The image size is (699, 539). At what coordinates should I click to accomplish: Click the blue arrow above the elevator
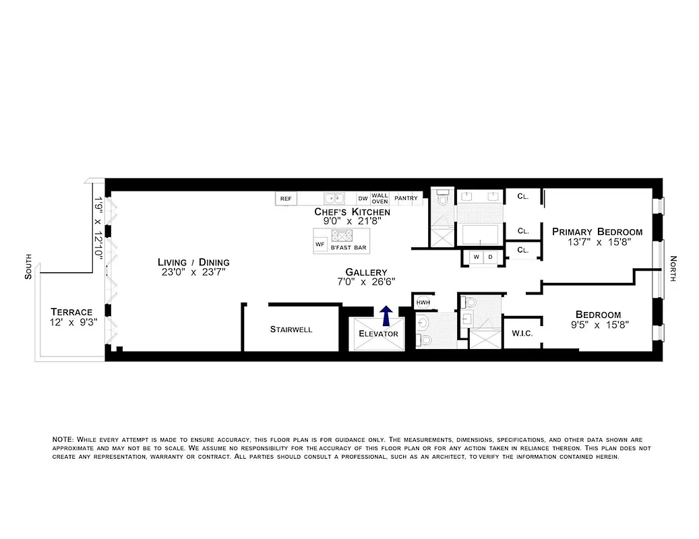386,315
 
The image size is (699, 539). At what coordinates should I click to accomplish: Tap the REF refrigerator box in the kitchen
286,199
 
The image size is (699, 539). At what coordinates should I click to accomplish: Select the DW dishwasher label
363,199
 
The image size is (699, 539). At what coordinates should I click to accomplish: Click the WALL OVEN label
380,198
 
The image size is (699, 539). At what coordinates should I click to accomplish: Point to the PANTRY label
406,199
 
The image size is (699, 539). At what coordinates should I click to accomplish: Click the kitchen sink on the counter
333,198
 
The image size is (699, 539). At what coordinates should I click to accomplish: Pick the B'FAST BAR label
348,248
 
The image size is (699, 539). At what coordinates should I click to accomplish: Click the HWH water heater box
423,303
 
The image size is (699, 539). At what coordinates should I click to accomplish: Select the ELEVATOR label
378,334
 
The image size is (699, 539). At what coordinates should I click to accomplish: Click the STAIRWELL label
291,329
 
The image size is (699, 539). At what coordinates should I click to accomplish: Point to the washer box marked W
476,257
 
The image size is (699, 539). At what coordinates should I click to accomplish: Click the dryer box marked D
490,257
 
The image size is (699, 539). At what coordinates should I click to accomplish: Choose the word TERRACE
71,312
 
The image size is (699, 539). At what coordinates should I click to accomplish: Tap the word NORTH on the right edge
673,268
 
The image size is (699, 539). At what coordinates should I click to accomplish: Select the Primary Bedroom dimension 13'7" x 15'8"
597,244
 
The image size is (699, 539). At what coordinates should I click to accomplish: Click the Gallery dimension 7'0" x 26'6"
362,282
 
